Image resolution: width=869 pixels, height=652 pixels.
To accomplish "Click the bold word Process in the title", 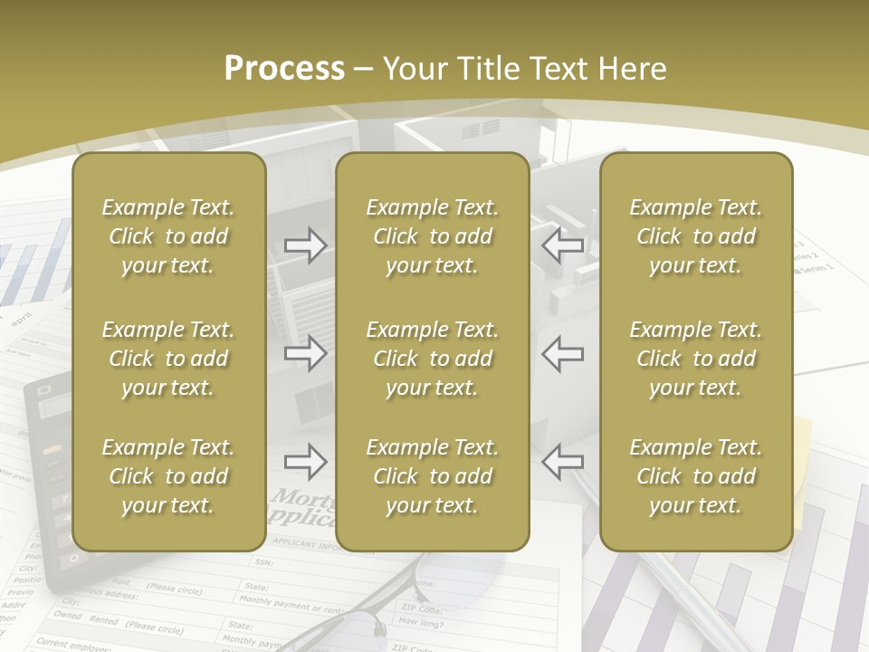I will [x=284, y=69].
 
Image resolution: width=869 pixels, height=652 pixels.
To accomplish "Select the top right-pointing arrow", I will [x=306, y=245].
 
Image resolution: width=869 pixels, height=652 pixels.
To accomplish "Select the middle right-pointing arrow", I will [x=306, y=353].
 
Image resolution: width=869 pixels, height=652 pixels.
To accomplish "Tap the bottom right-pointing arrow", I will [x=306, y=462].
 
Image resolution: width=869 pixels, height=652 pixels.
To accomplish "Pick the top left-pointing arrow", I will [x=562, y=245].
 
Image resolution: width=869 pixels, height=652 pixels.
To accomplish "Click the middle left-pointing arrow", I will [x=562, y=353].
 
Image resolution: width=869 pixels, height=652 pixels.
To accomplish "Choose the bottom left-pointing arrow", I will [x=562, y=462].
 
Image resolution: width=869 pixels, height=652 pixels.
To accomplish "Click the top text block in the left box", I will [x=168, y=236].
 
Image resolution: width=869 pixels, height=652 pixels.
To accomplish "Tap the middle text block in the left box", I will [x=168, y=359].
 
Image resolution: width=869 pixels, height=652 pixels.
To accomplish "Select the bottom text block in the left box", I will [x=168, y=476].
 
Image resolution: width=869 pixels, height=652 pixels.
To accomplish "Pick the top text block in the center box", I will [x=433, y=236].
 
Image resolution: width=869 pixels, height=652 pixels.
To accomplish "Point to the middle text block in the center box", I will [x=433, y=359].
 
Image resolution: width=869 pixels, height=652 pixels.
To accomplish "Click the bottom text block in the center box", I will [x=433, y=476].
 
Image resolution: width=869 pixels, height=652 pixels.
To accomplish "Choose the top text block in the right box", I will [x=696, y=236].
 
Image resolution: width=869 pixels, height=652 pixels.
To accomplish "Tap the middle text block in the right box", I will [x=696, y=359].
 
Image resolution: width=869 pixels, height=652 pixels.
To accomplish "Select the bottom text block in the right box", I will [x=696, y=476].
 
